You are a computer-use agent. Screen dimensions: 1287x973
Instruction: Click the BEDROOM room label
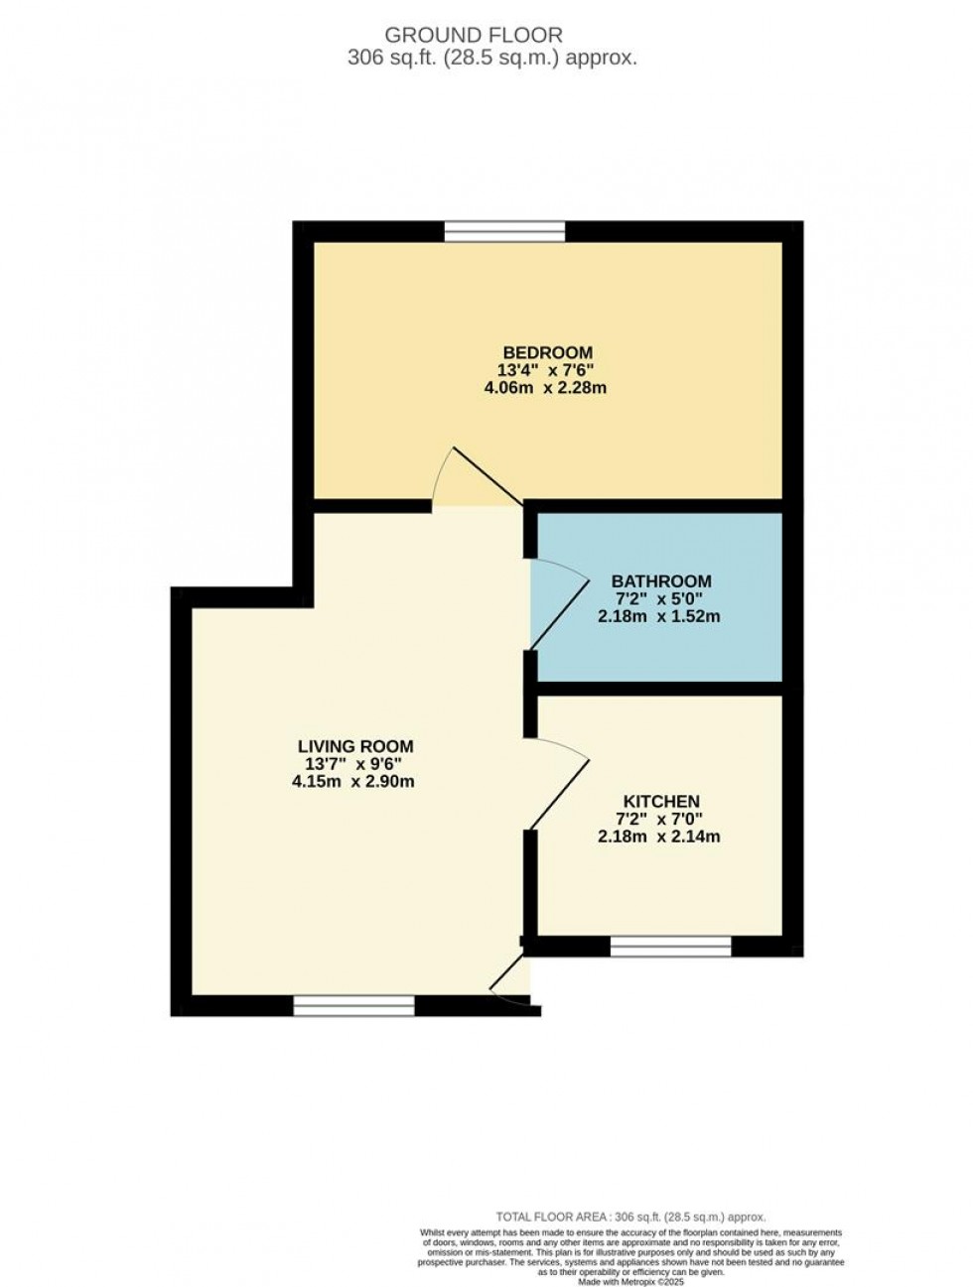point(547,352)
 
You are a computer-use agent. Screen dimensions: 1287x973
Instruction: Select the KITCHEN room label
point(661,801)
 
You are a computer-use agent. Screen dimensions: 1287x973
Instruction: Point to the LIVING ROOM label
point(355,746)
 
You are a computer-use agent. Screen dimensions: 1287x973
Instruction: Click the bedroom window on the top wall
point(504,231)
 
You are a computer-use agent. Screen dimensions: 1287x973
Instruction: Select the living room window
point(353,1006)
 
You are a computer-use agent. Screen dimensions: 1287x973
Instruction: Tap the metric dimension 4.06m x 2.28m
point(545,388)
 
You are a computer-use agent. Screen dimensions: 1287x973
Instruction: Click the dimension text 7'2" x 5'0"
point(658,599)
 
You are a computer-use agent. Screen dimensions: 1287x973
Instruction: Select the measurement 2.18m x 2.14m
point(658,837)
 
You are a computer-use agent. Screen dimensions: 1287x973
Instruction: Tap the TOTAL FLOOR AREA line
point(630,1217)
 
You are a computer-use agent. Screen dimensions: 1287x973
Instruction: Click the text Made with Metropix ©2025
point(631,1281)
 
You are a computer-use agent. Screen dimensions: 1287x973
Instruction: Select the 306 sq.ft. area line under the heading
point(491,58)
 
